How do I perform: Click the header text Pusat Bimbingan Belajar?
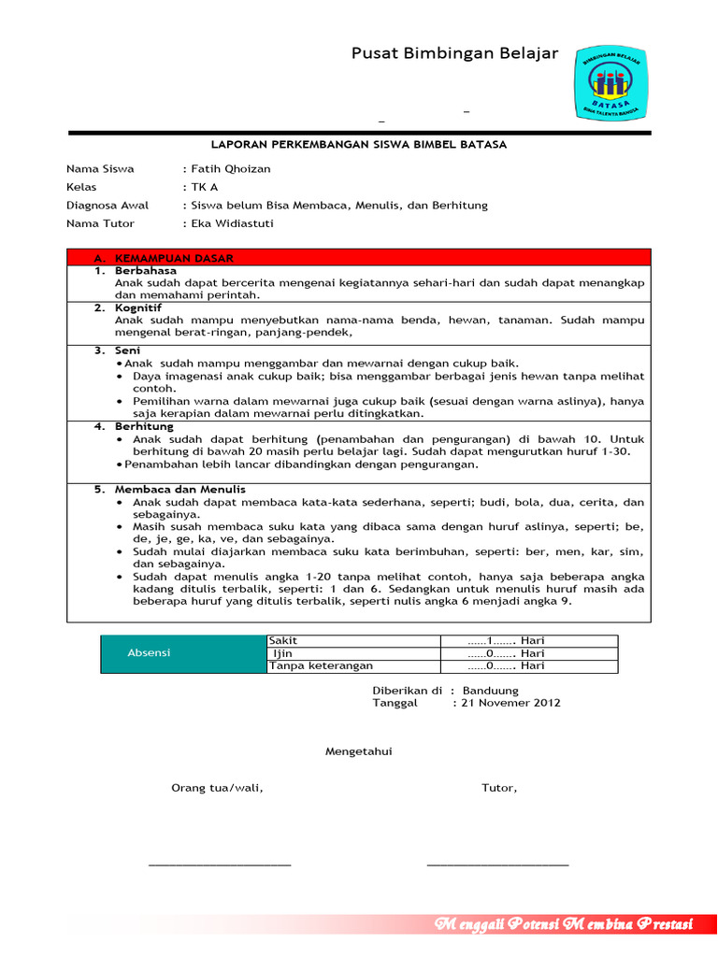pyautogui.click(x=454, y=53)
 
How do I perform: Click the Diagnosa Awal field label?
pyautogui.click(x=105, y=205)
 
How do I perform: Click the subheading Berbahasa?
pyautogui.click(x=145, y=270)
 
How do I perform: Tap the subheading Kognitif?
pyautogui.click(x=138, y=307)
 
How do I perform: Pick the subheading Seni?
pyautogui.click(x=128, y=350)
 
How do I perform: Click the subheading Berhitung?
pyautogui.click(x=144, y=426)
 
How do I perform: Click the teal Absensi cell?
pyautogui.click(x=150, y=653)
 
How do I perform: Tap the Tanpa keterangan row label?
pyautogui.click(x=321, y=665)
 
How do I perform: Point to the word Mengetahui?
pyautogui.click(x=358, y=751)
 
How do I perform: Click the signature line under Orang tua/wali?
pyautogui.click(x=220, y=863)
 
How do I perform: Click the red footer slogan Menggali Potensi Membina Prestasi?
pyautogui.click(x=564, y=925)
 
